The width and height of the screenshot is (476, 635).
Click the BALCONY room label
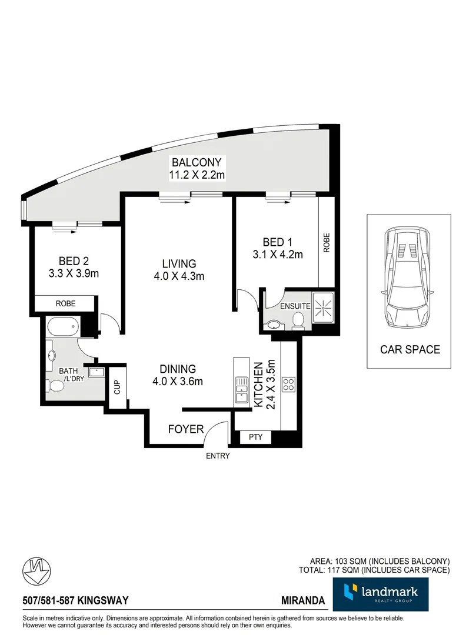pyautogui.click(x=196, y=162)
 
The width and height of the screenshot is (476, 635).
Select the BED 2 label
pyautogui.click(x=74, y=261)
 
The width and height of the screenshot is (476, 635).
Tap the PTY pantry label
pyautogui.click(x=255, y=437)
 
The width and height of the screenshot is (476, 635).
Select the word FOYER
pyautogui.click(x=186, y=429)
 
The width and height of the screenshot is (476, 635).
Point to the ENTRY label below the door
pyautogui.click(x=217, y=456)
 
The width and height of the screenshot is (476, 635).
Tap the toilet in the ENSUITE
pyautogui.click(x=298, y=320)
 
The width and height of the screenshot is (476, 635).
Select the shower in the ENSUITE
pyautogui.click(x=322, y=306)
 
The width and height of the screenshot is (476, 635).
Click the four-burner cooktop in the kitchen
pyautogui.click(x=289, y=385)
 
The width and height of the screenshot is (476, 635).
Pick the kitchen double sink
pyautogui.click(x=241, y=390)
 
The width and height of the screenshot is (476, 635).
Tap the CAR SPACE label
pyautogui.click(x=410, y=349)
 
